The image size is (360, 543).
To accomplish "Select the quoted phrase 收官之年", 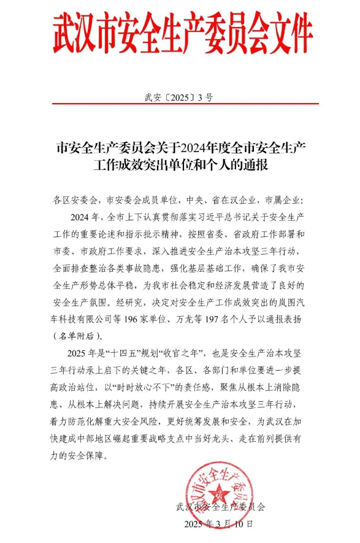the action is [183, 353].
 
